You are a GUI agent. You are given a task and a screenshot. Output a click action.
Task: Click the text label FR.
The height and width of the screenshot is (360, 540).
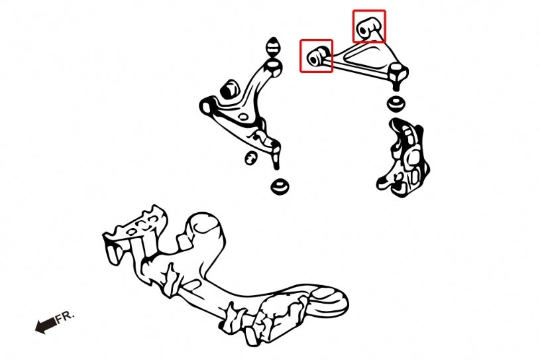(65, 317)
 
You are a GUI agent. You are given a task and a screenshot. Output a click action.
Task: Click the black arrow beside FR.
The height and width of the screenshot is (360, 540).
(46, 325)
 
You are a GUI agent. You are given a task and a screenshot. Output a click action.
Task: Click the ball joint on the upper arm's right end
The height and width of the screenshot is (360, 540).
(398, 76)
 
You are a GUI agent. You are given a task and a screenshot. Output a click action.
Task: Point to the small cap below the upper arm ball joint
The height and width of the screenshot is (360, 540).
(396, 103)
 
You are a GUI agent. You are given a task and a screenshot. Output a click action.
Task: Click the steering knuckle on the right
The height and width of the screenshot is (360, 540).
(403, 157)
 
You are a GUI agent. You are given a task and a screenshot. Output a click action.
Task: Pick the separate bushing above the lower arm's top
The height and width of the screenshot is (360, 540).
(274, 47)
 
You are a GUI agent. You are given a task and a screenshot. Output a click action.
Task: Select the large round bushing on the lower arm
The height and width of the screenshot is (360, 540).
(230, 90)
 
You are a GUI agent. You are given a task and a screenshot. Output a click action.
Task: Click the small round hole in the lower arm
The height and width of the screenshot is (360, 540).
(243, 117)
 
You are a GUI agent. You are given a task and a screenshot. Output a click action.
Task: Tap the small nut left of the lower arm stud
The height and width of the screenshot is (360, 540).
(251, 158)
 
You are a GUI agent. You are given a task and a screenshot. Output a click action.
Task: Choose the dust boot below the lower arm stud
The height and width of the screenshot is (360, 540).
(280, 186)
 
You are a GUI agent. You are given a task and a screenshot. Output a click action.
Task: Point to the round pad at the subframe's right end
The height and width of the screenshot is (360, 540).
(329, 300)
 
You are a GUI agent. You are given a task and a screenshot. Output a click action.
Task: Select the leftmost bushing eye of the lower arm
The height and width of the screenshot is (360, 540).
(207, 106)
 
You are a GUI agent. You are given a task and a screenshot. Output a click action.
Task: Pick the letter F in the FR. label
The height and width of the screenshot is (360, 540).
(60, 318)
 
